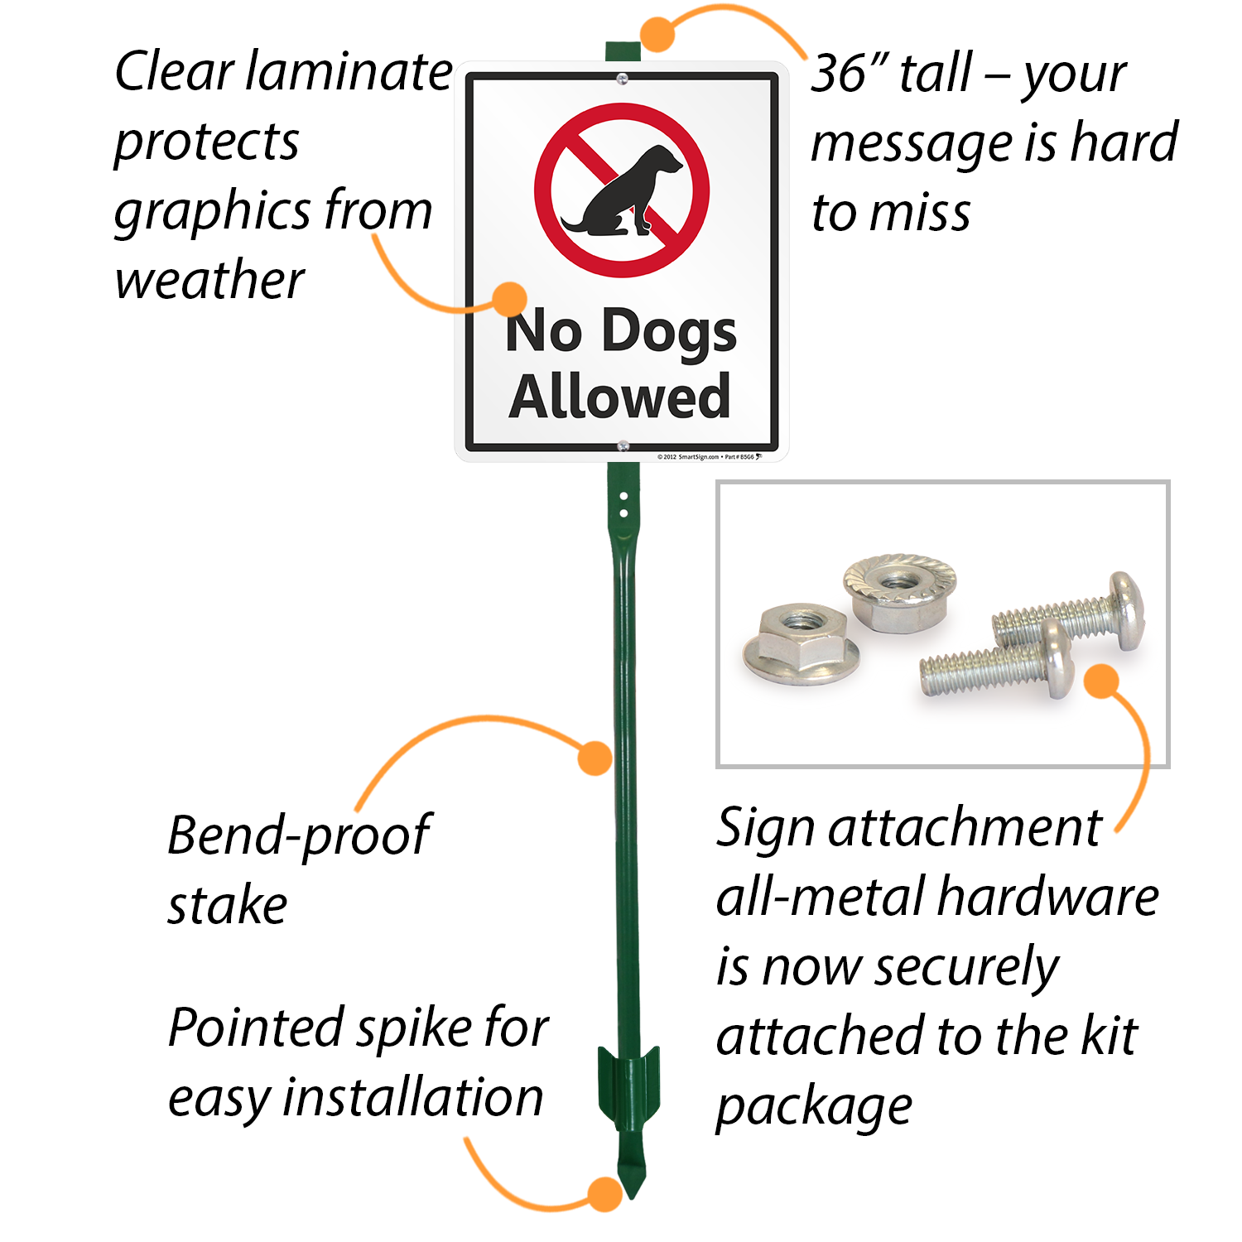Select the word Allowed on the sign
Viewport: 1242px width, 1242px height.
[x=619, y=397]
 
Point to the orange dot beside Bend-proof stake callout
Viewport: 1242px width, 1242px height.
[x=595, y=758]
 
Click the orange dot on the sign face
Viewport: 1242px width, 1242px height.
[x=510, y=299]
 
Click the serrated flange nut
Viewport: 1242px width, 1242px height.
[x=899, y=591]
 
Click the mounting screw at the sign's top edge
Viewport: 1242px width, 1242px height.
[x=622, y=79]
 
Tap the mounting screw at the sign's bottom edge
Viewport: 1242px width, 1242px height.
[x=623, y=447]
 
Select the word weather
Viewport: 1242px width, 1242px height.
[x=209, y=280]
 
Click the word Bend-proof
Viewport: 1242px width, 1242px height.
[x=298, y=835]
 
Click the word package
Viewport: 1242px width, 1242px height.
[x=814, y=1107]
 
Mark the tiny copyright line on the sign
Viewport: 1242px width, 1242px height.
[x=708, y=456]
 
